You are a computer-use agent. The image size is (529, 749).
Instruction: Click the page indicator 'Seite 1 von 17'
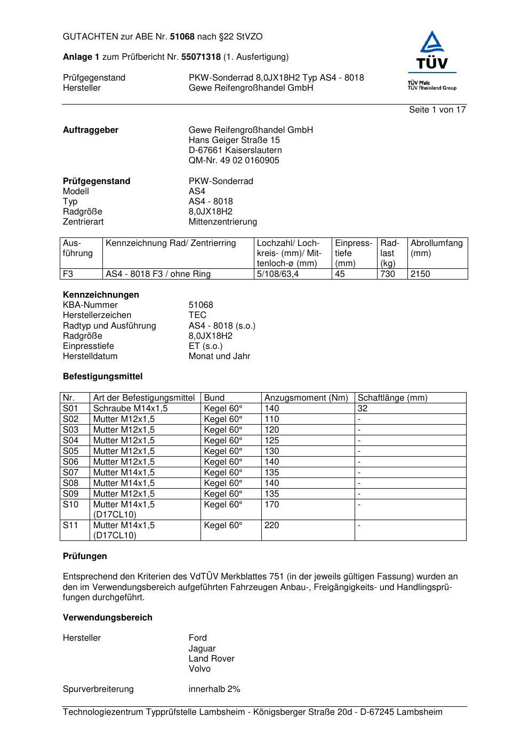(x=437, y=110)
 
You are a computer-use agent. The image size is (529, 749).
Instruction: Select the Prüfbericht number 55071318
(x=201, y=57)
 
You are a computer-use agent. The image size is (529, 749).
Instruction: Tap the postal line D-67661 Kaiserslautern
(x=235, y=150)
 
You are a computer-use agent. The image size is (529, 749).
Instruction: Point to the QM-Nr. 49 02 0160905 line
(x=234, y=161)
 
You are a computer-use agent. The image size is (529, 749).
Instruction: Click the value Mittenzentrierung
(x=222, y=222)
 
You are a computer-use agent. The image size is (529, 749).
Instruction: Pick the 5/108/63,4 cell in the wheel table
(x=278, y=274)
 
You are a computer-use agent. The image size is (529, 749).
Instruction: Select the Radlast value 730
(x=388, y=274)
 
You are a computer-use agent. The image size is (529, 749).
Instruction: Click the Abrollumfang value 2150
(x=420, y=274)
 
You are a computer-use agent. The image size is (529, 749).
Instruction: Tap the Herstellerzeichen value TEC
(x=197, y=315)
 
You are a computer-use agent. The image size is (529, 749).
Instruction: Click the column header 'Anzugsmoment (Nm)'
(x=306, y=398)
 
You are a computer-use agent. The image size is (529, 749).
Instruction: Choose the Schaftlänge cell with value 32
(x=363, y=409)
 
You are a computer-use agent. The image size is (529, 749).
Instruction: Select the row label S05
(x=70, y=451)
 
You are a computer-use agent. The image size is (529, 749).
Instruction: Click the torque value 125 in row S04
(x=271, y=441)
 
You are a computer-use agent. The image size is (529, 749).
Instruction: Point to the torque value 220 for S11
(x=271, y=525)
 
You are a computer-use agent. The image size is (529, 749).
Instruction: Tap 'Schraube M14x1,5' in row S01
(x=130, y=409)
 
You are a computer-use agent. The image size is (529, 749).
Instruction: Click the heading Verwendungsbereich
(x=108, y=618)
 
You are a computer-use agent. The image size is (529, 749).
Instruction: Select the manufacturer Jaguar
(x=202, y=649)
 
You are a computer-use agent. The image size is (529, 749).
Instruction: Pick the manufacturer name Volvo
(x=199, y=669)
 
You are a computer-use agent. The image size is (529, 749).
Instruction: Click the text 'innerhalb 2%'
(x=214, y=689)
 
